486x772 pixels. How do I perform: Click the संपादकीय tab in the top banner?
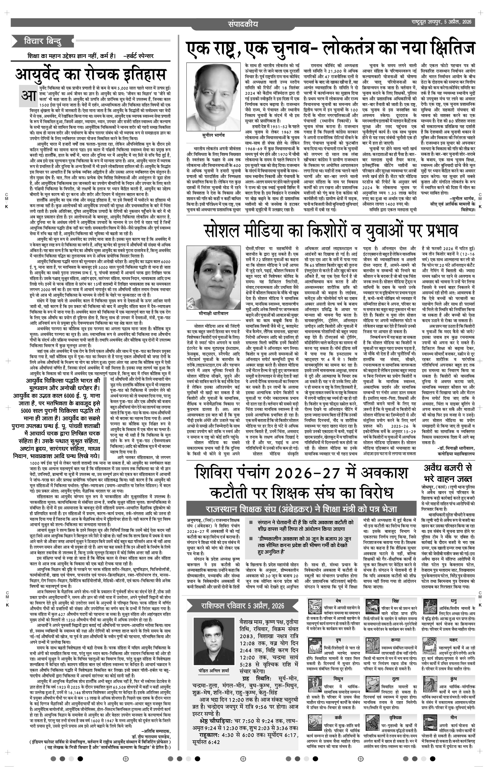(x=243, y=24)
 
